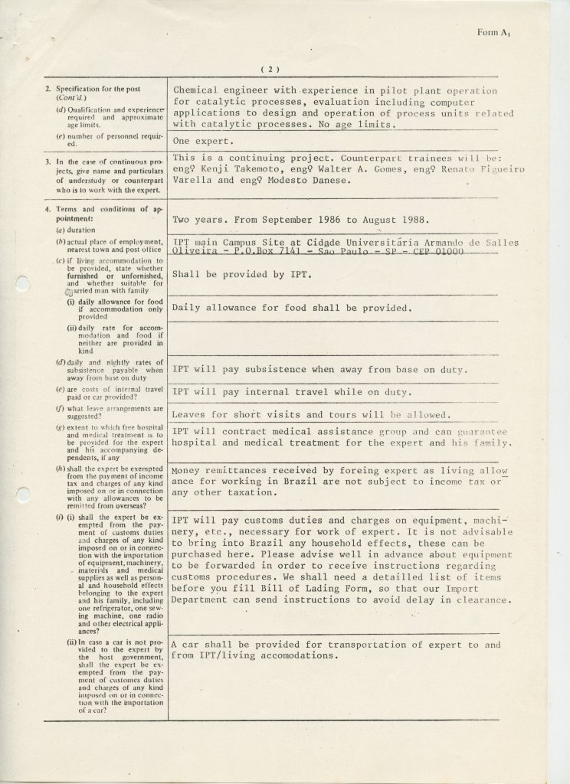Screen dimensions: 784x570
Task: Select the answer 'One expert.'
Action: pos(201,141)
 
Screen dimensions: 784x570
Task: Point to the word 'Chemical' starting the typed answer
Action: pos(198,91)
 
